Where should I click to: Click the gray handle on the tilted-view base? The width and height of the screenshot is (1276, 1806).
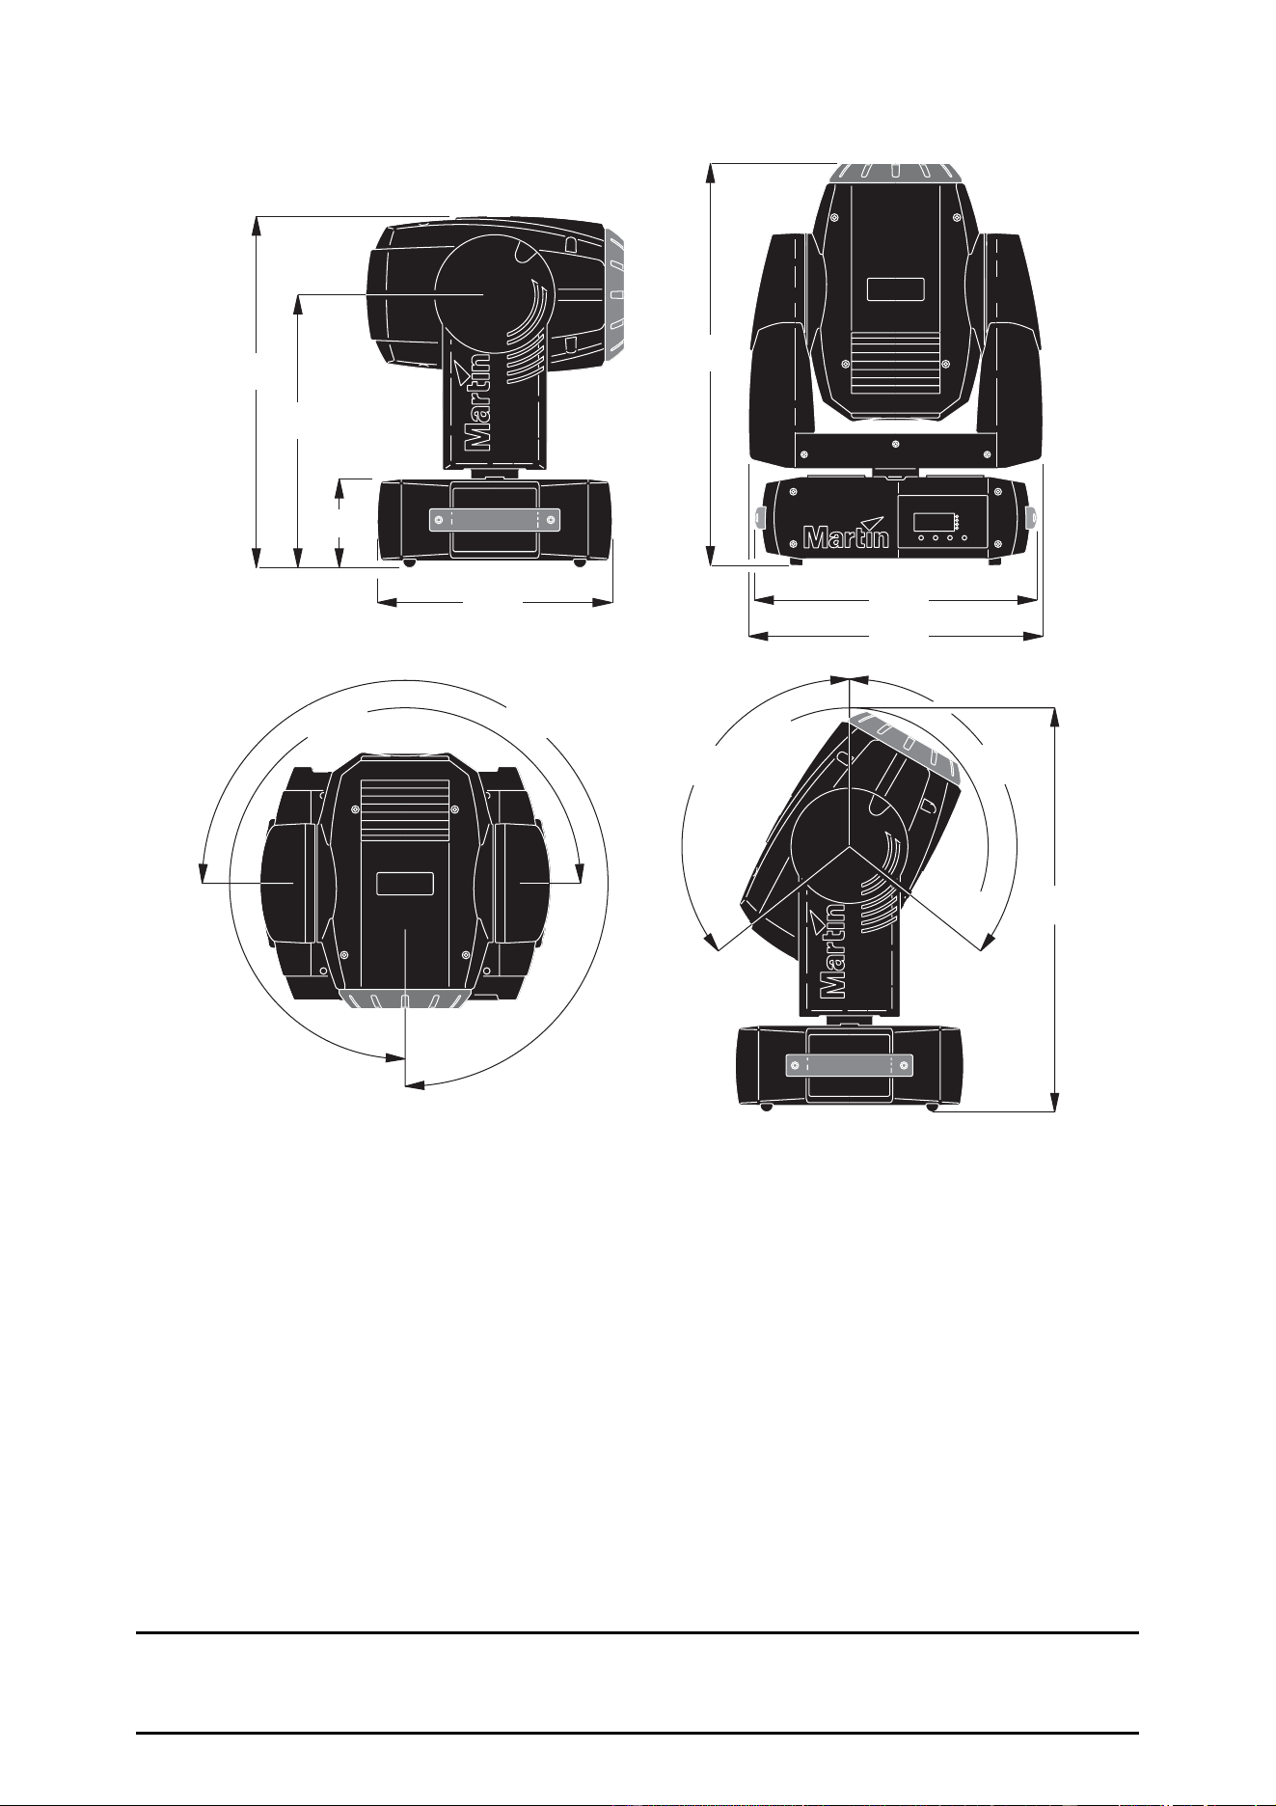(848, 1065)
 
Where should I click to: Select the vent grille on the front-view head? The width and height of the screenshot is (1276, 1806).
(895, 364)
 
